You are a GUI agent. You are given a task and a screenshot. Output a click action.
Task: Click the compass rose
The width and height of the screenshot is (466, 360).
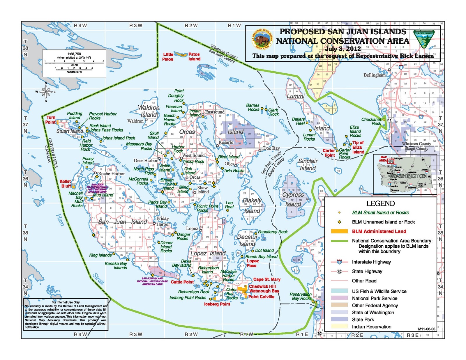[x=46, y=92]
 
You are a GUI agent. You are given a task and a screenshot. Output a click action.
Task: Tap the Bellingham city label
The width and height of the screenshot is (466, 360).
[x=374, y=75]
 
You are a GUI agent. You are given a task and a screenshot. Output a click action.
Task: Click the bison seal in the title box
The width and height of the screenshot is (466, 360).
[x=262, y=39]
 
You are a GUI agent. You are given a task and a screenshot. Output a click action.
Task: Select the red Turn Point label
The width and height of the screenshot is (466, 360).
[x=50, y=120]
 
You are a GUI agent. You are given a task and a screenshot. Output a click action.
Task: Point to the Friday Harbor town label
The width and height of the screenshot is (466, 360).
[x=163, y=221]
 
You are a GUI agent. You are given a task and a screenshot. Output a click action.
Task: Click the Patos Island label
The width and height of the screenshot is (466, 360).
[x=194, y=56]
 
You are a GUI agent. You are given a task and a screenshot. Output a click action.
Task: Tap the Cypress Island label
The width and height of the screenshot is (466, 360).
[x=293, y=199]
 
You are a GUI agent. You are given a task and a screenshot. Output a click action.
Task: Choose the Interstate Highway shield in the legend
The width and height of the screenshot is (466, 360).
[x=339, y=262]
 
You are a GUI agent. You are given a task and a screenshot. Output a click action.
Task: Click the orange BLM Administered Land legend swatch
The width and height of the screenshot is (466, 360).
[x=339, y=231]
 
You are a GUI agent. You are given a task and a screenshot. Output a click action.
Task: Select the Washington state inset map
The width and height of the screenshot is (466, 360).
[x=405, y=174]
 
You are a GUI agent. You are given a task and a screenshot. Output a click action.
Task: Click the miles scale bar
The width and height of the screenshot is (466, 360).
[x=74, y=62]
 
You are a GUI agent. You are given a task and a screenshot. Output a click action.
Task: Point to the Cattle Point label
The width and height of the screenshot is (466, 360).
[x=182, y=282]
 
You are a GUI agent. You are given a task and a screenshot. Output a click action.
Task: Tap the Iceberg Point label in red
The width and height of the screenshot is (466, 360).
[x=217, y=304]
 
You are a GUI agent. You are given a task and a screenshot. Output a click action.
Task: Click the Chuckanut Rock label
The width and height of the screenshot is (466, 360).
[x=371, y=121]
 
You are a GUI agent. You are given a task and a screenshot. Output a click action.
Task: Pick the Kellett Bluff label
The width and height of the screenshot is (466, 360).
[x=65, y=184]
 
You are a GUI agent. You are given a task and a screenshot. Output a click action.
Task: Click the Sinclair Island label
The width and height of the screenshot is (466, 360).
[x=308, y=164]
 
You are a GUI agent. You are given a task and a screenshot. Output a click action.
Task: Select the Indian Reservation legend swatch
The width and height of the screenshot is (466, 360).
[x=339, y=327]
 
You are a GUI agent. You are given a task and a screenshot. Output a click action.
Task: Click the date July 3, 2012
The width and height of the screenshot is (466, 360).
[x=343, y=49]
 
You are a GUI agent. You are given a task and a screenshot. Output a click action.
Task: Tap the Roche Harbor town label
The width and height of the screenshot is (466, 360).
[x=111, y=173]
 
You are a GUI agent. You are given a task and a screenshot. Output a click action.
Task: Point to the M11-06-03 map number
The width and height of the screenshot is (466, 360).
[x=426, y=329]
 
